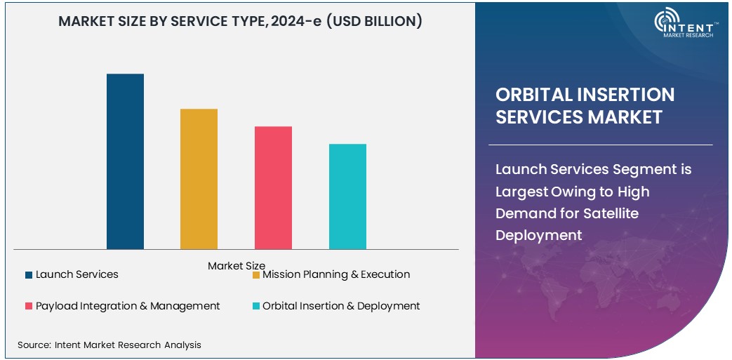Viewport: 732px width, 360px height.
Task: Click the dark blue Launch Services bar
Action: pyautogui.click(x=125, y=161)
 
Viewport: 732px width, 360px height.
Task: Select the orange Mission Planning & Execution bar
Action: pyautogui.click(x=199, y=179)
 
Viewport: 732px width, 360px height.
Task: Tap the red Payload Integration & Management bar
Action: pyautogui.click(x=273, y=187)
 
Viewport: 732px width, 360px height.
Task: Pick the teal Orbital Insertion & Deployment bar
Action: pyautogui.click(x=347, y=196)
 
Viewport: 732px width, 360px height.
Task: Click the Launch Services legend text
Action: pyautogui.click(x=77, y=274)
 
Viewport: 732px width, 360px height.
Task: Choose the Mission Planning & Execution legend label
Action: pyautogui.click(x=336, y=274)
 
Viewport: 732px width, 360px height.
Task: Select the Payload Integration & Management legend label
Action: pyautogui.click(x=128, y=306)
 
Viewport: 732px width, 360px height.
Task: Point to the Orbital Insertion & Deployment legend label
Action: pyautogui.click(x=341, y=306)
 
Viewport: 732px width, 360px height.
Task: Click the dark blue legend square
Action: pyautogui.click(x=29, y=275)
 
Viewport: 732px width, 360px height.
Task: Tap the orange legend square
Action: pyautogui.click(x=256, y=275)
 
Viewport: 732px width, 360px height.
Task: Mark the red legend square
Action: pyautogui.click(x=29, y=307)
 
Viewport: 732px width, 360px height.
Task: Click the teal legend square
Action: pyautogui.click(x=256, y=307)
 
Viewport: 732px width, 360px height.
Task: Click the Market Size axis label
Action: pyautogui.click(x=237, y=266)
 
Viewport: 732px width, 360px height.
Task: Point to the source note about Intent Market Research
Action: pyautogui.click(x=109, y=345)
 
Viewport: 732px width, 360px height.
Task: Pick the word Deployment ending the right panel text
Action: pyautogui.click(x=539, y=235)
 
